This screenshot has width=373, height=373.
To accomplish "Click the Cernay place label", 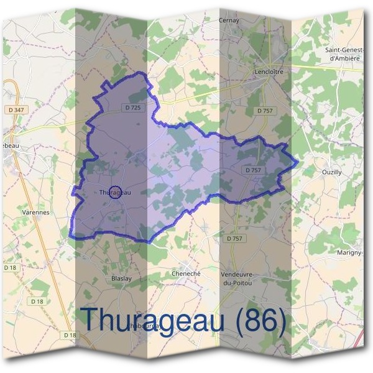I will [229, 21].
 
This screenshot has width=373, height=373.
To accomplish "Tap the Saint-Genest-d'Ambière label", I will [343, 54].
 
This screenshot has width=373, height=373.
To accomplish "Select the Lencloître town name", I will [269, 72].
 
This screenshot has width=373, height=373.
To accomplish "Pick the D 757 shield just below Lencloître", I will [265, 111].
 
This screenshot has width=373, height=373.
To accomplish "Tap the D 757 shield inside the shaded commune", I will [254, 170].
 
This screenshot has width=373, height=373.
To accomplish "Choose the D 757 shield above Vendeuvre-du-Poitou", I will [235, 238].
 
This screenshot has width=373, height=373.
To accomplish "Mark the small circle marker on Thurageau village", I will [114, 192].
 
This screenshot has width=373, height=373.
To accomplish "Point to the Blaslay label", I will [121, 278].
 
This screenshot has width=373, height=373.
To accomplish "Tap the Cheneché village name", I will [184, 273].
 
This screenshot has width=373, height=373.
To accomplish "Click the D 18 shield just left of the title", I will [71, 335].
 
